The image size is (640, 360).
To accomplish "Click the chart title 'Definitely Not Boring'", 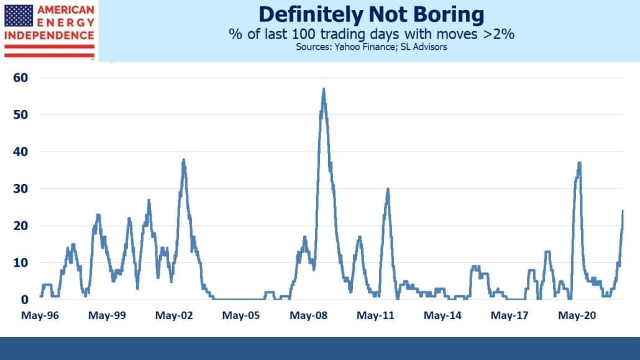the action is click(372, 14).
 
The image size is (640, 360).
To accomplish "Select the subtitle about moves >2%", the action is click(372, 34).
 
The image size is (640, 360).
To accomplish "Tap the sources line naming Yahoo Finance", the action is click(372, 47).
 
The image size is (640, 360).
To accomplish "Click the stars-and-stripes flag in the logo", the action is click(19, 16).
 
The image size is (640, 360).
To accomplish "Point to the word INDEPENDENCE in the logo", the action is click(49, 35).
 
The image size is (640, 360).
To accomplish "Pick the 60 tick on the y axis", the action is click(21, 78).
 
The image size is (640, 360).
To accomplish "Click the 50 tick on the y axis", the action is click(21, 114).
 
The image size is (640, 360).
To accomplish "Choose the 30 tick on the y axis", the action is click(21, 189).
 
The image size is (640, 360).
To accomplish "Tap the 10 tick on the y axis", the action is click(21, 263).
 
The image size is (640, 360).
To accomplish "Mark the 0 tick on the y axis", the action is click(24, 300).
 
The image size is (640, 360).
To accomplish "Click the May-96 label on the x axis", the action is click(40, 315).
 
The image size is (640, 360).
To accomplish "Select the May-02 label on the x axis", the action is click(174, 315).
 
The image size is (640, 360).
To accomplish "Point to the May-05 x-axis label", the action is click(241, 315).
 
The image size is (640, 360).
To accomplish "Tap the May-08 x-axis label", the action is click(308, 315).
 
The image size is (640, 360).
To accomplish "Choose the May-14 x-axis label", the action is click(442, 315).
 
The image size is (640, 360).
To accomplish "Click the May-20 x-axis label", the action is click(577, 315).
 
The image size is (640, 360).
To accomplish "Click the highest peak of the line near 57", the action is click(324, 89).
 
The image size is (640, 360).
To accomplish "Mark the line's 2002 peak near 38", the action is click(183, 159).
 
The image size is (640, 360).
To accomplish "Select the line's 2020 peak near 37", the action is click(579, 163).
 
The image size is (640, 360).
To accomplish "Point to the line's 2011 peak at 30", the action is click(388, 189).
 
